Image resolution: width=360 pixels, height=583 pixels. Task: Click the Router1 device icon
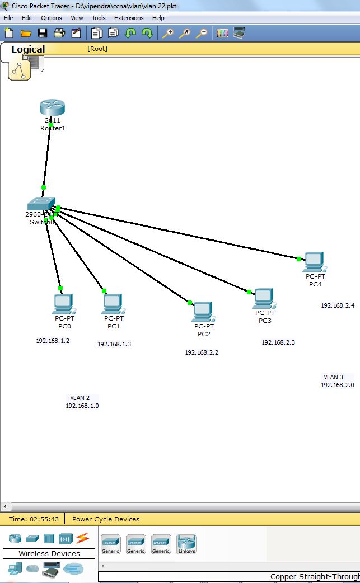pyautogui.click(x=52, y=107)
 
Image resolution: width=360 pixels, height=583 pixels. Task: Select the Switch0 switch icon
pyautogui.click(x=41, y=204)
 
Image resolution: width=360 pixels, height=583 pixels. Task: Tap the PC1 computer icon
pyautogui.click(x=113, y=304)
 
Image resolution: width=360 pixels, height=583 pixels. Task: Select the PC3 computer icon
pyautogui.click(x=264, y=298)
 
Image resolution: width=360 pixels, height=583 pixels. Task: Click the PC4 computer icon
pyautogui.click(x=315, y=261)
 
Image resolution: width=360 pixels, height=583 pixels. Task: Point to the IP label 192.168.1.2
pyautogui.click(x=53, y=341)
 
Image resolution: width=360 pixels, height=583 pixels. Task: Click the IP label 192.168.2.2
pyautogui.click(x=202, y=353)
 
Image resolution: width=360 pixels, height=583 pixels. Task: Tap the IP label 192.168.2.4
pyautogui.click(x=338, y=305)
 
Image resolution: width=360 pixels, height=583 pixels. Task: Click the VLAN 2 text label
pyautogui.click(x=80, y=398)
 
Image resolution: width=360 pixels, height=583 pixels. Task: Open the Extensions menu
pyautogui.click(x=129, y=18)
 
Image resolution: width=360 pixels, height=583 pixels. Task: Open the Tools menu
pyautogui.click(x=99, y=18)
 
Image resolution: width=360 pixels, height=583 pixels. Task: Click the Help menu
pyautogui.click(x=158, y=18)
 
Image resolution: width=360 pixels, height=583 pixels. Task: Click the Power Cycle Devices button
pyautogui.click(x=106, y=519)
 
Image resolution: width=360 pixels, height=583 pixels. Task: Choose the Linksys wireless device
pyautogui.click(x=186, y=544)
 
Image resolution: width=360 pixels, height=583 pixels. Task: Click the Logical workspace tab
pyautogui.click(x=28, y=49)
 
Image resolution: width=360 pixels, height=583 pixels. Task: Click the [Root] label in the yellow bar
pyautogui.click(x=97, y=49)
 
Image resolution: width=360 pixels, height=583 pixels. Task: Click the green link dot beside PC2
pyautogui.click(x=190, y=303)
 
